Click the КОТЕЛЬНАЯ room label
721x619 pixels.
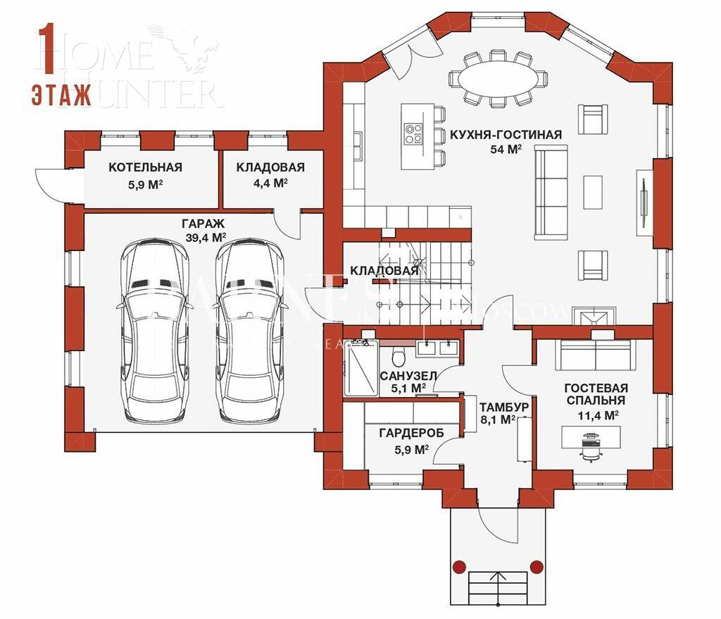coord(145,167)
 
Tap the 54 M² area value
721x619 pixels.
coord(506,149)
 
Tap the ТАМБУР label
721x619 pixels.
coord(504,407)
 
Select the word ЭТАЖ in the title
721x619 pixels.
coord(61,94)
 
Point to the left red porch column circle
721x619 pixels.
coord(459,565)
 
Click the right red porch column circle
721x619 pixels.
coord(537,565)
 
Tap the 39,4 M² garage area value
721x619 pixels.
coord(206,238)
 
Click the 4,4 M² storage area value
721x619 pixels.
coord(270,183)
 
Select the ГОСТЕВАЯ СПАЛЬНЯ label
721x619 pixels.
coord(596,394)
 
